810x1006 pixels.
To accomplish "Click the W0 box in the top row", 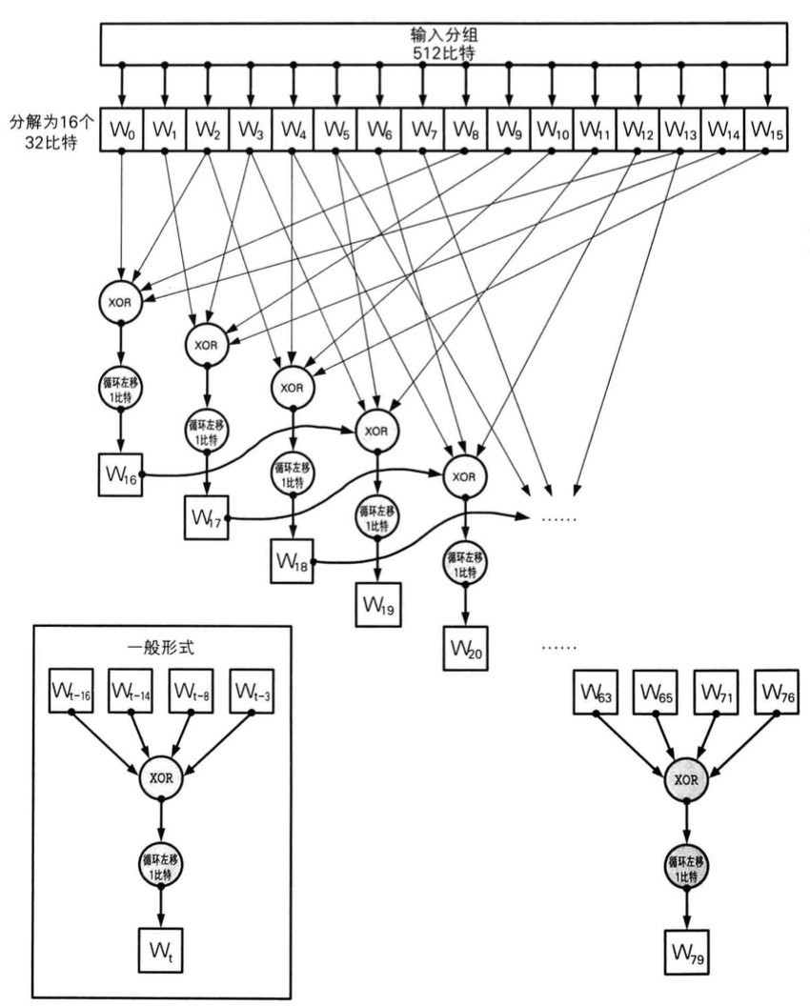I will pos(121,131).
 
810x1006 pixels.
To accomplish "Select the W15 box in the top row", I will pos(766,131).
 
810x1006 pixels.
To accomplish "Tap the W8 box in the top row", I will pos(465,131).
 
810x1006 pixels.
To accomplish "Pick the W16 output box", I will pos(121,474).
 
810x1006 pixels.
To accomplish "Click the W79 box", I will pos(685,951).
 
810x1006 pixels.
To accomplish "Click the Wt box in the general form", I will pos(162,951).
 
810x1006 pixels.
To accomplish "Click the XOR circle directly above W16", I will pos(121,300).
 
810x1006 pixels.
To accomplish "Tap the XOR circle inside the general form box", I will pos(162,779).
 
